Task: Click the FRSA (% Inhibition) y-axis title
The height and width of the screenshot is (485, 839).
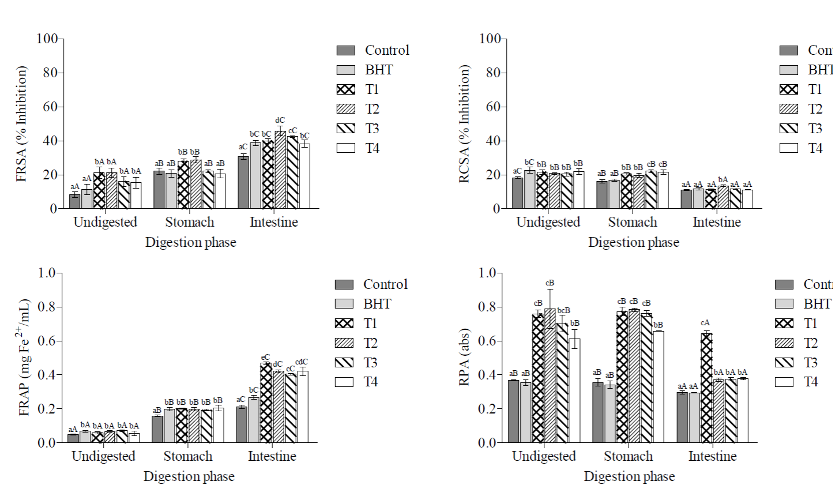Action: point(22,124)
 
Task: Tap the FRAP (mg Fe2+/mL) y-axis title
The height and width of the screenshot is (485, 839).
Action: point(24,358)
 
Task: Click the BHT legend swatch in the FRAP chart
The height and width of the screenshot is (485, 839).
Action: point(344,304)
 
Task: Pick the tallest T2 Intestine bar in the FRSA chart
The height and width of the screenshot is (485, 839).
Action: point(280,170)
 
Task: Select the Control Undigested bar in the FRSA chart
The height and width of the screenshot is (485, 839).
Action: point(75,201)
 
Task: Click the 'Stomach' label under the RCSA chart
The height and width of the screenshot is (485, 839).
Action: point(633,222)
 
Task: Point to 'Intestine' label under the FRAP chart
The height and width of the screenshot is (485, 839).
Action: point(272,456)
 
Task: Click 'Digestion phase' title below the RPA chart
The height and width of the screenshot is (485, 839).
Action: point(629,476)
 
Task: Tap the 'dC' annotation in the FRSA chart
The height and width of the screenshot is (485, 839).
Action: point(280,121)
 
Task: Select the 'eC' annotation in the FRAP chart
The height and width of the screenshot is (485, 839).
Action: point(265,358)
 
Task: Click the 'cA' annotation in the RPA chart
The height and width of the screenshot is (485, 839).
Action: point(705,323)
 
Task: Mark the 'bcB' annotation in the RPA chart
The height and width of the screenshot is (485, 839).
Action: point(563,311)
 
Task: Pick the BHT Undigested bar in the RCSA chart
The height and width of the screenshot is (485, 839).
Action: point(529,189)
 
